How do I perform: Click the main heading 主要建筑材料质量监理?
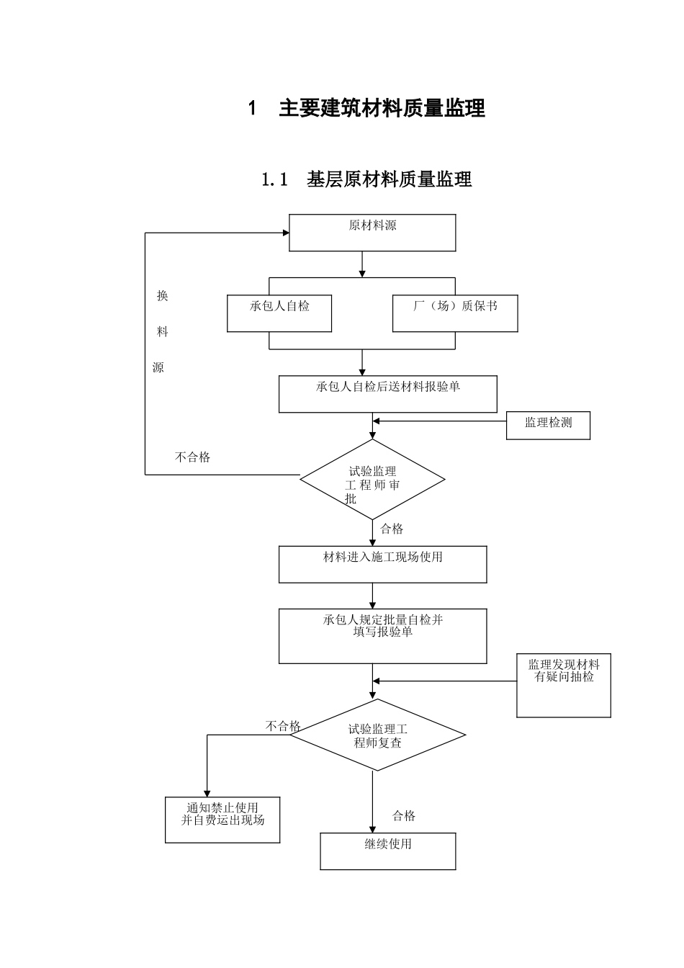382,109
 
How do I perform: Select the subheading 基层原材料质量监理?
389,179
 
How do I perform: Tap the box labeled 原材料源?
372,233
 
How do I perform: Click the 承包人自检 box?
279,313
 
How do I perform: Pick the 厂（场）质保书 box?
455,313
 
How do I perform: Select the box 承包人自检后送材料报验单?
388,393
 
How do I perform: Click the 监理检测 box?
548,425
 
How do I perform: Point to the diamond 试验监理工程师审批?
372,480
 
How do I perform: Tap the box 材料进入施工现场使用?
382,564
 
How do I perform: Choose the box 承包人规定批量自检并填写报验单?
382,635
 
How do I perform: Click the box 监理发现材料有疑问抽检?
564,685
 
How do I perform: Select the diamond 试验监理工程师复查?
377,735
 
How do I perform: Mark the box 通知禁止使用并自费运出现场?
222,820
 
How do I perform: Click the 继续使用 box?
388,851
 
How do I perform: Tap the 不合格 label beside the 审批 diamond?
193,457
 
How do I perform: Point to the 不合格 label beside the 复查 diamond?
283,726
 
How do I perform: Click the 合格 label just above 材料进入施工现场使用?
392,529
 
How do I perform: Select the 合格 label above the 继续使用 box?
404,816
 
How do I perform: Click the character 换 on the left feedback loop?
163,296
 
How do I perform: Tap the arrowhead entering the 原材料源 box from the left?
285,233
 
